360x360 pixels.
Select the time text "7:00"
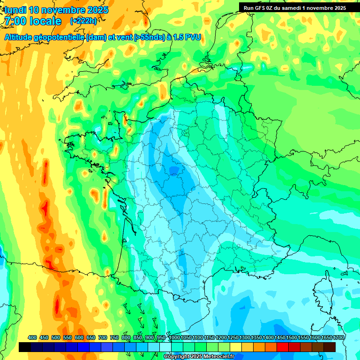tap(15, 21)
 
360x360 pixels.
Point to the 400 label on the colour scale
tap(32, 337)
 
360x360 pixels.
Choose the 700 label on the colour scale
tap(102, 337)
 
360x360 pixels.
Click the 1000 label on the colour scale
tap(174, 337)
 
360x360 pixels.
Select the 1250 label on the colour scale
tap(233, 337)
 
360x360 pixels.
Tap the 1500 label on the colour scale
tap(292, 337)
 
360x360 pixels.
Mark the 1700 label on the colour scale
tap(339, 337)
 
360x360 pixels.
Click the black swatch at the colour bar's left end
tap(25, 347)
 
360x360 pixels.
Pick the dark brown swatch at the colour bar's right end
tap(330, 347)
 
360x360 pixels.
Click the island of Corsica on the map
tap(325, 293)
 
